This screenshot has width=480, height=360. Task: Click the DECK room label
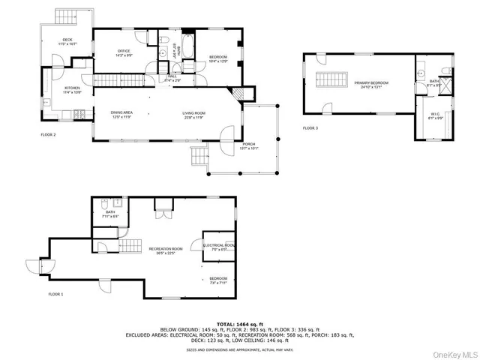point(67,41)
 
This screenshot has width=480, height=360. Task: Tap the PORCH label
point(248,146)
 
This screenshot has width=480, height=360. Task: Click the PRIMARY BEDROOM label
point(356,85)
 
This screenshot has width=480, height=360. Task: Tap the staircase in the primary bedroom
point(330,81)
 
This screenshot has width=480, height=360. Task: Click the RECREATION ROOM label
point(166,250)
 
